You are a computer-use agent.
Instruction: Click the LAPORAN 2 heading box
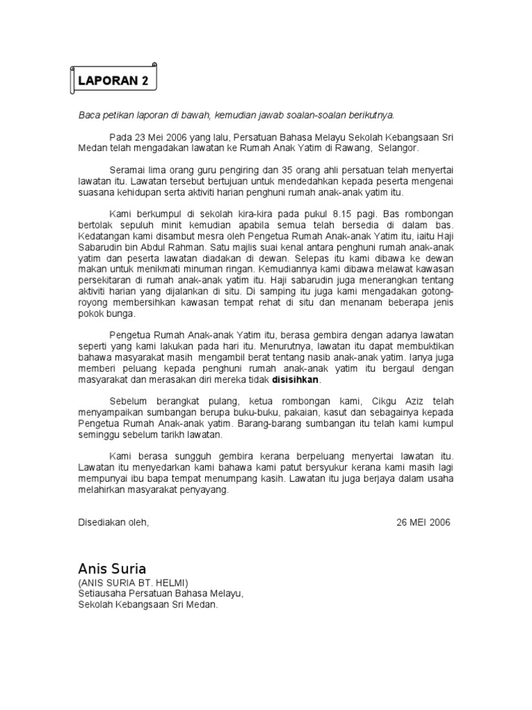(x=114, y=80)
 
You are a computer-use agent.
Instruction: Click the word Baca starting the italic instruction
(x=88, y=115)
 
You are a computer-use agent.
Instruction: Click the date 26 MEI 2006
(x=423, y=522)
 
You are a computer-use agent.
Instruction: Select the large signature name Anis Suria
(x=112, y=569)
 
